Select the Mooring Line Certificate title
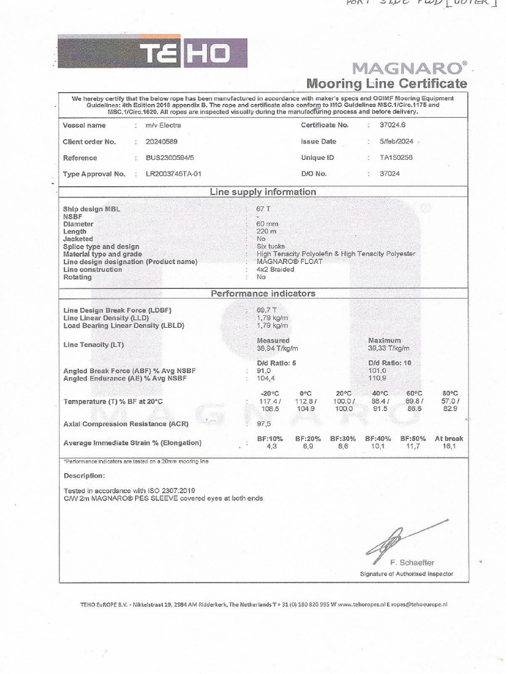coord(387,84)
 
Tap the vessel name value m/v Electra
coord(163,125)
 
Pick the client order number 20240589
coord(161,142)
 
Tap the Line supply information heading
coord(263,192)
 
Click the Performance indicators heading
coord(263,294)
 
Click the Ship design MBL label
coord(92,209)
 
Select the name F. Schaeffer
coord(412,563)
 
